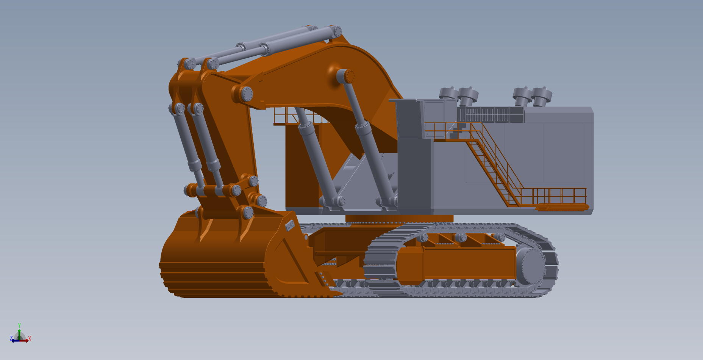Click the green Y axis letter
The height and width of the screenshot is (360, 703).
tap(19, 325)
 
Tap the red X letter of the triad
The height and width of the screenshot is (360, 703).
tap(30, 338)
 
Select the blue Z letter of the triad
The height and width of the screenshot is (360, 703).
tap(11, 338)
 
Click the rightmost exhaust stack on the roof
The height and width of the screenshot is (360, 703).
tap(542, 96)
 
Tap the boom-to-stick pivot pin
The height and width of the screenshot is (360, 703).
tap(247, 94)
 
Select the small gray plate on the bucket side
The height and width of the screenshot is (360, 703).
tap(290, 225)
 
